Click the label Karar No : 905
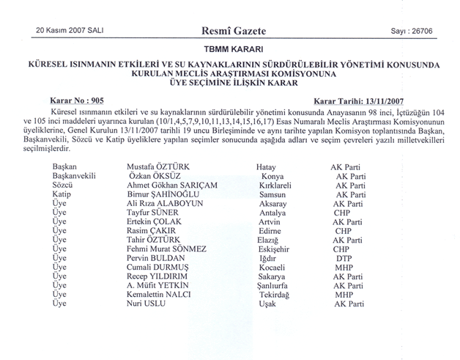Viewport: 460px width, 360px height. coord(80,98)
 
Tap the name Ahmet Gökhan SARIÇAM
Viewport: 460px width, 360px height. coord(173,185)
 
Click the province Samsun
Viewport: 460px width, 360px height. coord(271,195)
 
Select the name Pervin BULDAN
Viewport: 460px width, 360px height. coord(156,259)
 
